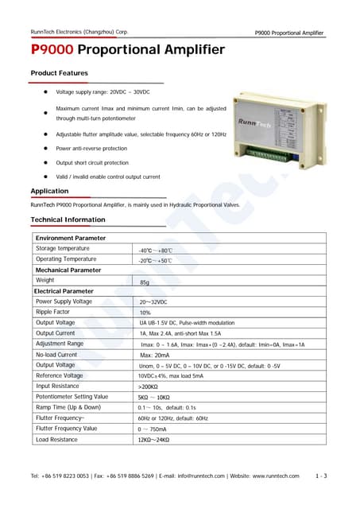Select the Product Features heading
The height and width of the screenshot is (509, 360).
59,73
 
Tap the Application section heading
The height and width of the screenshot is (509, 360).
49,191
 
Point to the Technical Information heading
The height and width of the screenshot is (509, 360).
67,220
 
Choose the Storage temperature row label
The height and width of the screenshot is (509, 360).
63,249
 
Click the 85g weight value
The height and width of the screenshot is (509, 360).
145,282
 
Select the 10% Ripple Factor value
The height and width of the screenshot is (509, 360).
145,313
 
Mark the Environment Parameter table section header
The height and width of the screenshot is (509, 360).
70,238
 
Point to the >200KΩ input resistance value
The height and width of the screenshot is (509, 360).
149,386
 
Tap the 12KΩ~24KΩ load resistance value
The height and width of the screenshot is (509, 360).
154,439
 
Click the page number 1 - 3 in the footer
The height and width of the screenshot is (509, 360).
321,476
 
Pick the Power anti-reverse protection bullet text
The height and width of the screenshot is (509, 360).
91,149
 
